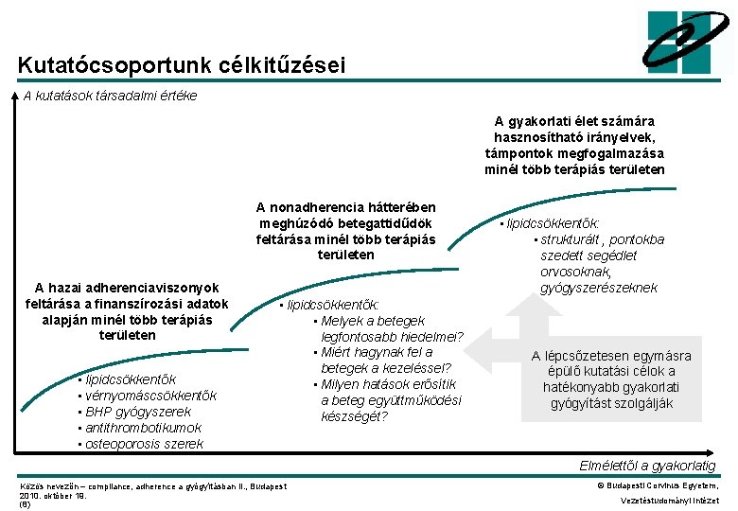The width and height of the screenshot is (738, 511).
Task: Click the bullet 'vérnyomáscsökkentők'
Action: tap(150, 396)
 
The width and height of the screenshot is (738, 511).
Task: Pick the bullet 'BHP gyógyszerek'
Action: tap(138, 412)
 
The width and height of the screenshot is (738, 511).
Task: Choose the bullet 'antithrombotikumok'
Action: tap(143, 428)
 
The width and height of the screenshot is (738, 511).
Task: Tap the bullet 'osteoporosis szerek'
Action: tap(144, 444)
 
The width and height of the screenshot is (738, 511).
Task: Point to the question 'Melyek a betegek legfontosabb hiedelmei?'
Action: tap(388, 329)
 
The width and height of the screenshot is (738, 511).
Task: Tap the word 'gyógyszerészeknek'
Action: tap(598, 288)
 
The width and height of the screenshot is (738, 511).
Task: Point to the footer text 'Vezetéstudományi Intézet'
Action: tap(669, 501)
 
